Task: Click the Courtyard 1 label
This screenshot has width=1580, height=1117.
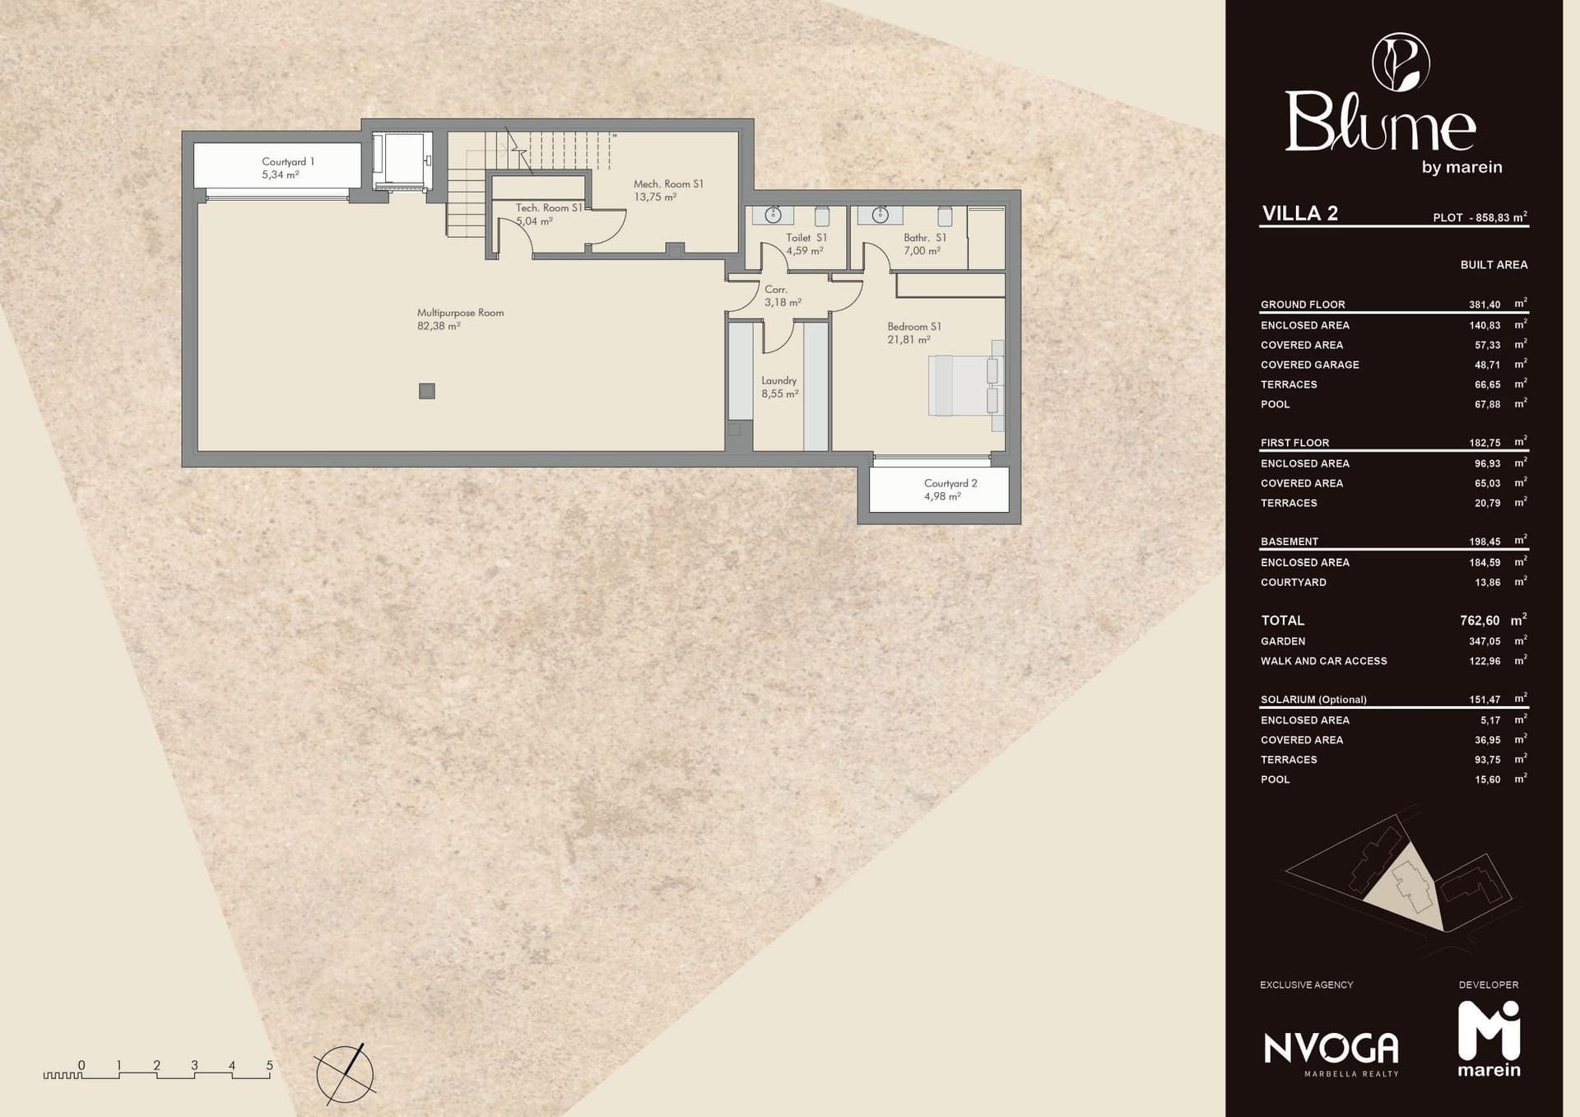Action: pyautogui.click(x=287, y=168)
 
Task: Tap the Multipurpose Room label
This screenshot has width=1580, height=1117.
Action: pyautogui.click(x=460, y=319)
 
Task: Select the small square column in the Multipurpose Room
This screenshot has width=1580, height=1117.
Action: pyautogui.click(x=426, y=391)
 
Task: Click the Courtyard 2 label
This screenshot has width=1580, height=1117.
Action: pyautogui.click(x=950, y=490)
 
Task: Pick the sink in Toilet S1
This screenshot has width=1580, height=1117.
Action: pyautogui.click(x=773, y=215)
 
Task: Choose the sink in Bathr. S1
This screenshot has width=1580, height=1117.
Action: pyautogui.click(x=881, y=215)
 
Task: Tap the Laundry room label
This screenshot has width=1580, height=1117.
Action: pyautogui.click(x=779, y=387)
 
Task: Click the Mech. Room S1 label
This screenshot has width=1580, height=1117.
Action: pyautogui.click(x=668, y=190)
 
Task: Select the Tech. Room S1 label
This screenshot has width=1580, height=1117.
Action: pyautogui.click(x=549, y=214)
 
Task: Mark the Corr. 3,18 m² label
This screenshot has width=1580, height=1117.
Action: pyautogui.click(x=783, y=296)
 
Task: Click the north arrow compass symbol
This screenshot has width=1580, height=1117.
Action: pyautogui.click(x=345, y=1073)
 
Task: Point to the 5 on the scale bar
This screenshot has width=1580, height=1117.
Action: pyautogui.click(x=269, y=1065)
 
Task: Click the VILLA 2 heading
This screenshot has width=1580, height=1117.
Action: pyautogui.click(x=1300, y=213)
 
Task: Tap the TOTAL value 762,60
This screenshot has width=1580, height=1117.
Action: pyautogui.click(x=1480, y=621)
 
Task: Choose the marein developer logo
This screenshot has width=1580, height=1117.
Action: pyautogui.click(x=1489, y=1039)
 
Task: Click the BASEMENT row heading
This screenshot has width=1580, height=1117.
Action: pyautogui.click(x=1290, y=542)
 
